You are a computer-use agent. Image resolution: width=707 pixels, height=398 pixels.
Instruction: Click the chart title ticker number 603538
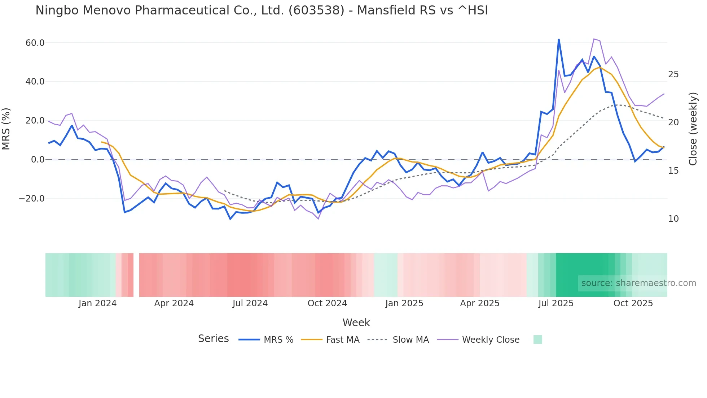316,10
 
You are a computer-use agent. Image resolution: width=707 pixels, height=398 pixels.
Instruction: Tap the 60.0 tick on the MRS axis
35,43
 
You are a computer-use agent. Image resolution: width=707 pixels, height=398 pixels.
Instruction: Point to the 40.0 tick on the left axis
35,82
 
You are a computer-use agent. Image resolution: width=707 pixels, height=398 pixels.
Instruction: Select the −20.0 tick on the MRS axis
32,199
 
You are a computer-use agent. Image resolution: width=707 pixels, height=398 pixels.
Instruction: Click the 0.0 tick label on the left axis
38,160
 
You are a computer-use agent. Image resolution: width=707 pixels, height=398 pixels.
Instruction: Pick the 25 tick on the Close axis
673,74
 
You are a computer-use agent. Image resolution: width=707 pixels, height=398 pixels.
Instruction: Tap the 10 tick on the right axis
673,219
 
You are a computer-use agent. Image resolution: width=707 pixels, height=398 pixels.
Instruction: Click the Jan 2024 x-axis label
97,303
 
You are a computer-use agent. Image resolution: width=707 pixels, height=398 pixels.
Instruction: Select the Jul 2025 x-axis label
556,303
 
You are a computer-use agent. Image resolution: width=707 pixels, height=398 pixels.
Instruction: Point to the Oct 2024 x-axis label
327,303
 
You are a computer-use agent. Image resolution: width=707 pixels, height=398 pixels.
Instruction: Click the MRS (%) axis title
6,129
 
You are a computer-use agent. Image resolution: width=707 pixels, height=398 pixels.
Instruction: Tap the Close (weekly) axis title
693,129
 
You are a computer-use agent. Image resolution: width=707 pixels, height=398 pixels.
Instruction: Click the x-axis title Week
356,323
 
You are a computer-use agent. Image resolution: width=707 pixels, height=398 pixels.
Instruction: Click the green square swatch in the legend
537,339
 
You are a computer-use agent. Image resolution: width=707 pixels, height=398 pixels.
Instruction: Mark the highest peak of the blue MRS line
559,39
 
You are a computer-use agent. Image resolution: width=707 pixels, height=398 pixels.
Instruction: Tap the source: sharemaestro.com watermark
638,283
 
